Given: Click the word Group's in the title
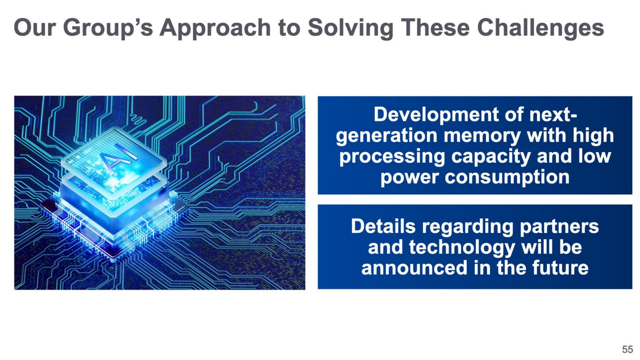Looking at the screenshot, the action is (x=108, y=28).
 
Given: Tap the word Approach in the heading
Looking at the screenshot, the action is (x=215, y=28).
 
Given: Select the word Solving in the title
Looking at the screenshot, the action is (x=351, y=28).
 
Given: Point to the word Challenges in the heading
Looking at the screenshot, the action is (x=540, y=28).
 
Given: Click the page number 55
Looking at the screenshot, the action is (x=628, y=349).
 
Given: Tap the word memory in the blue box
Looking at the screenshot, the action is (x=482, y=136).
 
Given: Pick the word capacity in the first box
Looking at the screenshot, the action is (x=490, y=157).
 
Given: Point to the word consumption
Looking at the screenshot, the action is (x=507, y=178).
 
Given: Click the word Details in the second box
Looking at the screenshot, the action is (x=383, y=226).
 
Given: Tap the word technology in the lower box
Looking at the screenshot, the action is (x=462, y=248).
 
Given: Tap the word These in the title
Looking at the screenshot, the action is (x=435, y=28).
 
